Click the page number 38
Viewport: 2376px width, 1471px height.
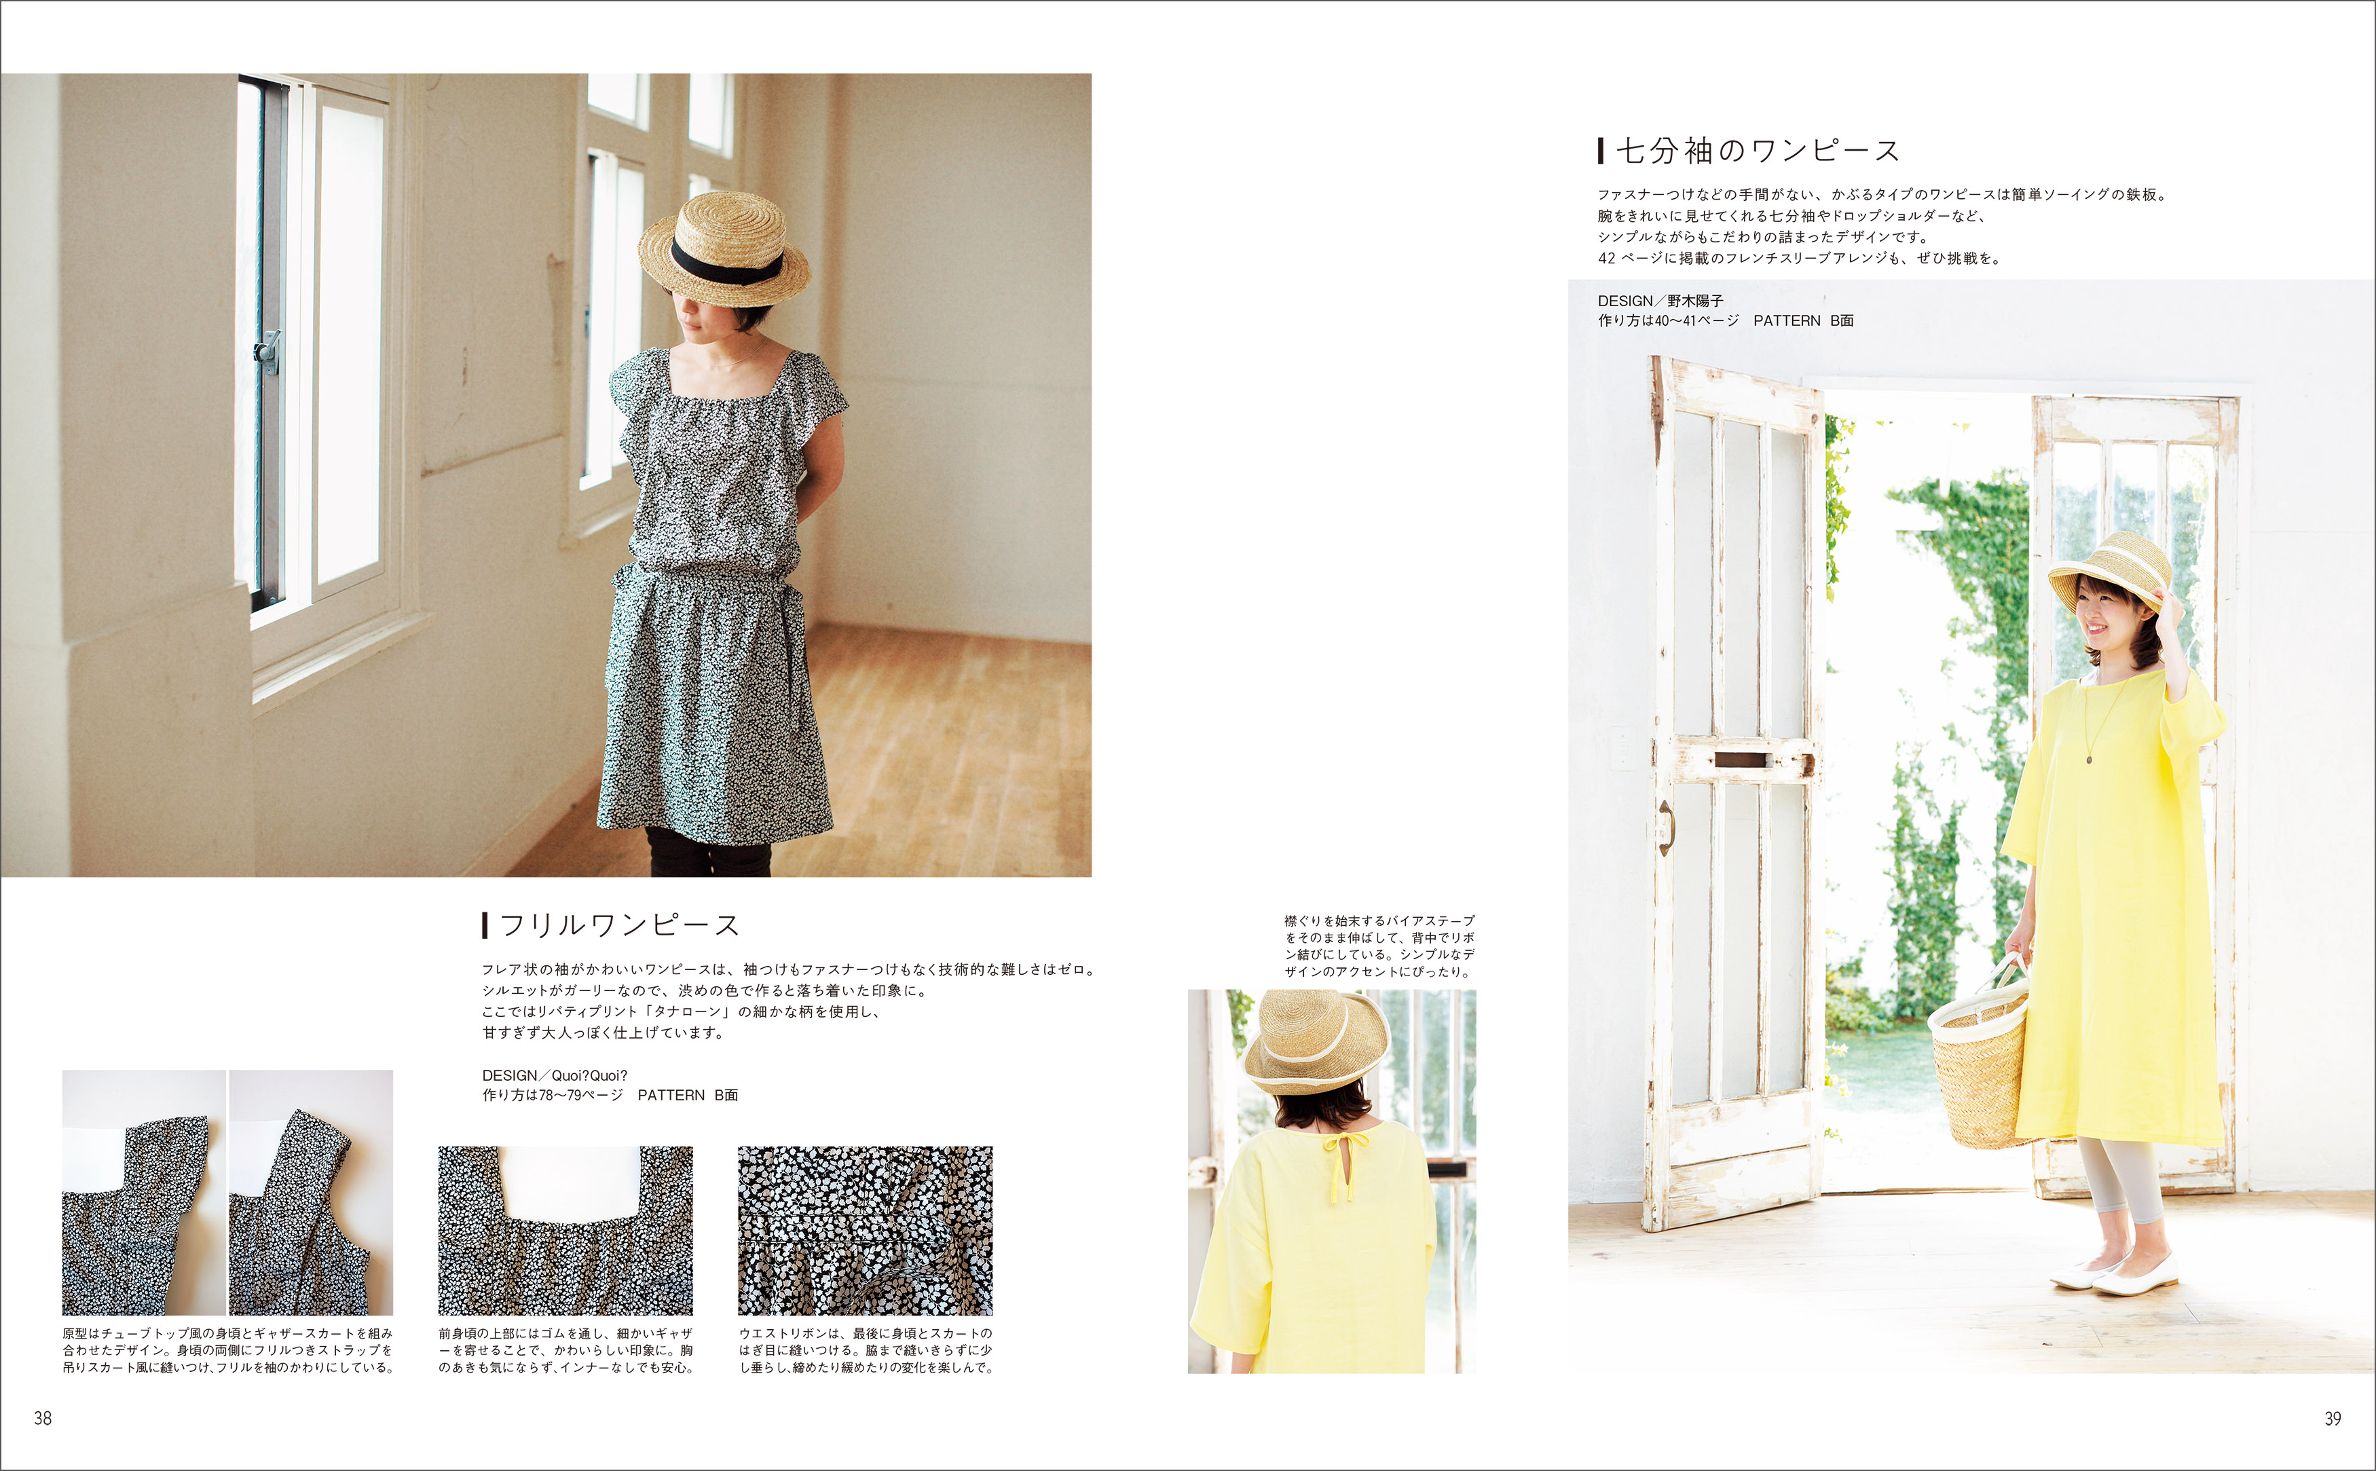(x=43, y=1419)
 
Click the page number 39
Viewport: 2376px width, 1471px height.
(x=2333, y=1419)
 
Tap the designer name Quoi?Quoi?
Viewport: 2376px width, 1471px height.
(x=590, y=1075)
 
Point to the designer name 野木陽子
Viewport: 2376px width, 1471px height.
(x=1695, y=301)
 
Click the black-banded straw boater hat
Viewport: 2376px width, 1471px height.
(x=724, y=248)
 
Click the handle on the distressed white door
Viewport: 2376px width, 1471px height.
(x=1667, y=827)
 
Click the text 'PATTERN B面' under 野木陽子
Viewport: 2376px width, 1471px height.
(x=1803, y=320)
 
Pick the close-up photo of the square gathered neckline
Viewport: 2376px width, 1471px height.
(x=565, y=1231)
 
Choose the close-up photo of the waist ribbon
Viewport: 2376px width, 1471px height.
(x=865, y=1231)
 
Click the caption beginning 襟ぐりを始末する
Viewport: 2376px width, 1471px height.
(x=1379, y=946)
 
